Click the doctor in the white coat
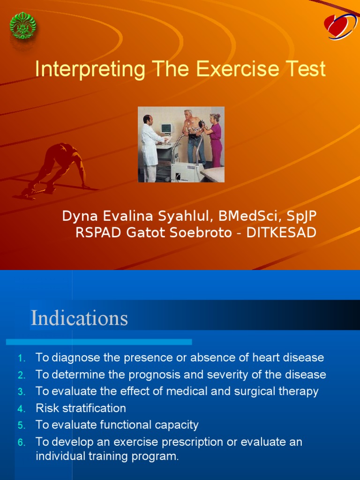click(x=150, y=148)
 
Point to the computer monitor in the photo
click(x=167, y=128)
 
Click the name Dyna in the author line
click(x=78, y=216)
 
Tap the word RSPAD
click(x=97, y=232)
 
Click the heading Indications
click(x=79, y=318)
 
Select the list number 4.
click(x=21, y=409)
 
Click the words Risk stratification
click(x=81, y=408)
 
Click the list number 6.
click(x=21, y=442)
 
